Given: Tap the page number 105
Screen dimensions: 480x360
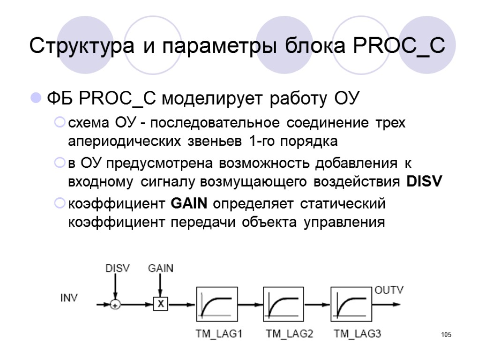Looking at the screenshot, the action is [446, 335].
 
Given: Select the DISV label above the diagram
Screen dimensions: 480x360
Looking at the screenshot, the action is [117, 269].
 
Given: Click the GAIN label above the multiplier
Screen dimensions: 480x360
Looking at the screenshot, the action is [160, 269].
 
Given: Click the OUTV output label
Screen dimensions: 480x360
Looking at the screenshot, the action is [389, 291].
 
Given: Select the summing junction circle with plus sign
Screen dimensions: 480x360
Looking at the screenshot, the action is [115, 305].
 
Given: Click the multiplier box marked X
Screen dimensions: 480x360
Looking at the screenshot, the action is [160, 304].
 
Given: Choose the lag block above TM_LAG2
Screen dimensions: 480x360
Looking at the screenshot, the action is [284, 304].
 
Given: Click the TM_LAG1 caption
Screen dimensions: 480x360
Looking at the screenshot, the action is [218, 334].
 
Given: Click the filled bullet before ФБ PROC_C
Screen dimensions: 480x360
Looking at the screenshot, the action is [35, 99].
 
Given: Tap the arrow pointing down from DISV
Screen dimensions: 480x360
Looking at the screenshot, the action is [115, 287].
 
